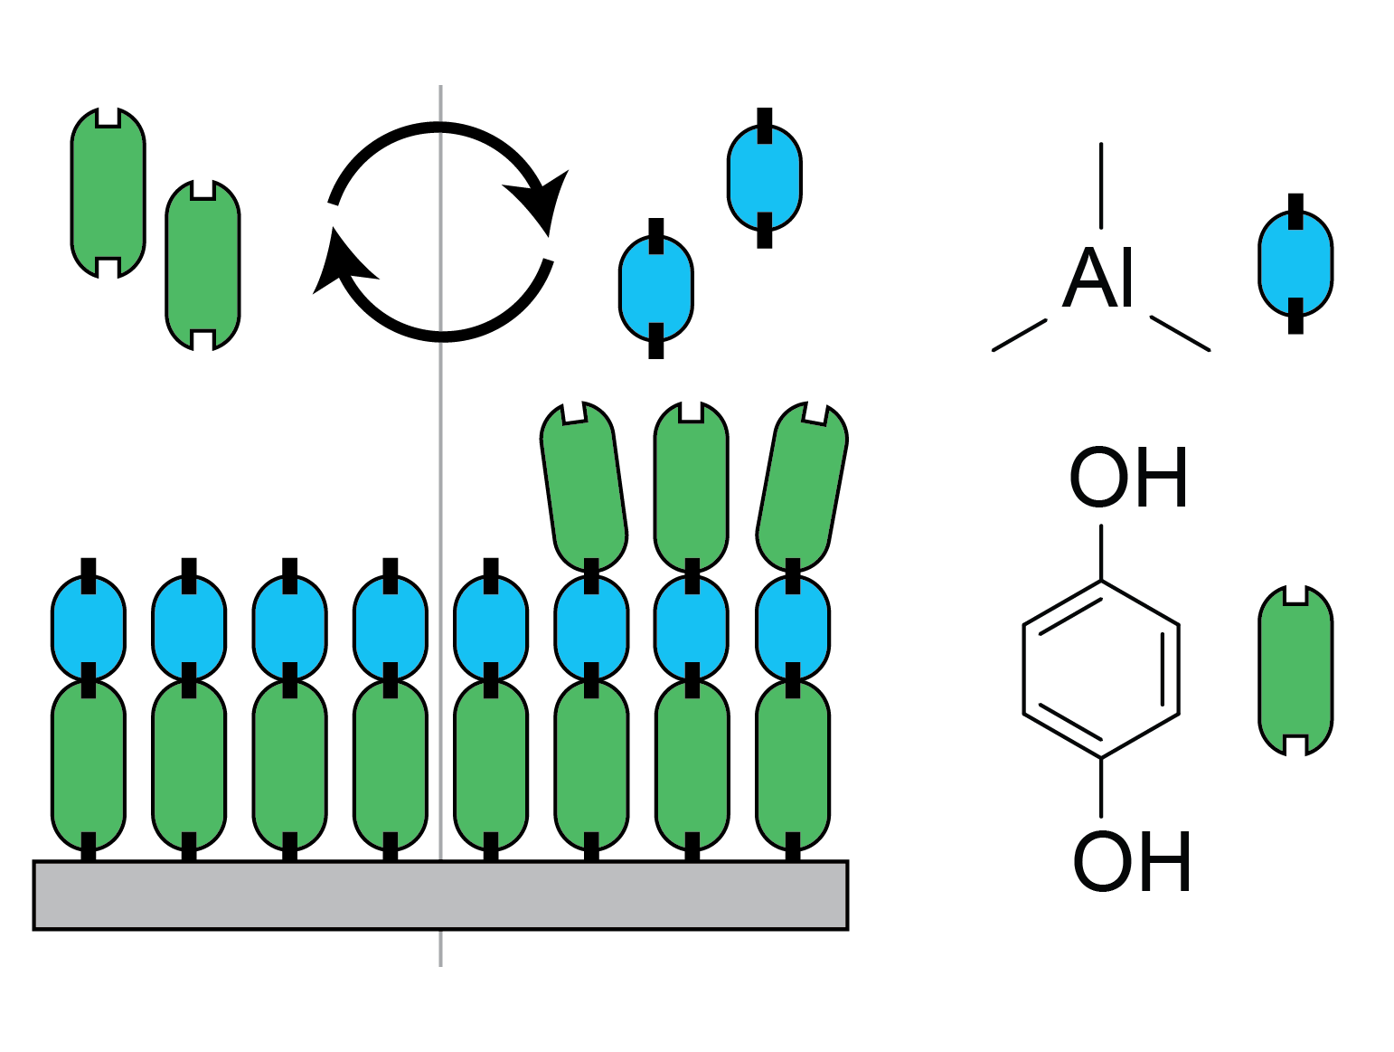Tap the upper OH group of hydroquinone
[1127, 478]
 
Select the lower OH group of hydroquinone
[1131, 862]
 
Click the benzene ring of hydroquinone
[1101, 669]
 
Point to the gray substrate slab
[440, 895]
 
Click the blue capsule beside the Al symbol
[1295, 263]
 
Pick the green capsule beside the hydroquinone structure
[1295, 670]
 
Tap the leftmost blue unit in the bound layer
[89, 628]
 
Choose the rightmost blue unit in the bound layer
[793, 628]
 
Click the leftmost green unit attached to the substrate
[89, 764]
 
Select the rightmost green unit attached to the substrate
[793, 764]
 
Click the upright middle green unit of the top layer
[692, 487]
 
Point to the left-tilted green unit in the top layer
[584, 487]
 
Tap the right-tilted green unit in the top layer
[802, 487]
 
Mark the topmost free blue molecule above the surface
[765, 177]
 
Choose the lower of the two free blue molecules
[656, 288]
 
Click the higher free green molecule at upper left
[108, 192]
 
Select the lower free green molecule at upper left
[203, 265]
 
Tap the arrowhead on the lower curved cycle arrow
[339, 266]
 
